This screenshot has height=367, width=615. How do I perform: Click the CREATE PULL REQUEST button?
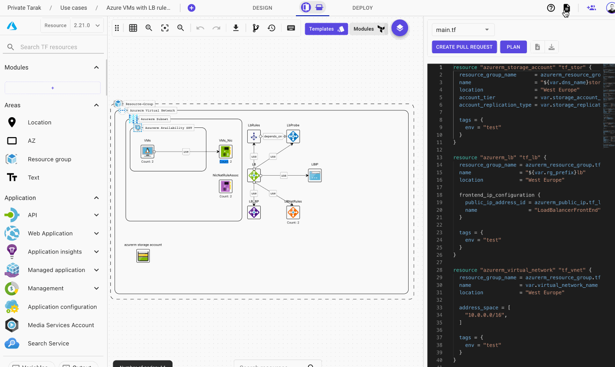pyautogui.click(x=464, y=47)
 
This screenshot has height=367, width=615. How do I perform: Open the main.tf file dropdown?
pyautogui.click(x=463, y=30)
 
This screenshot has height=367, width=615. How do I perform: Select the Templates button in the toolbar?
pyautogui.click(x=326, y=29)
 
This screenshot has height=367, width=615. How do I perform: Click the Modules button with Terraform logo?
pyautogui.click(x=369, y=29)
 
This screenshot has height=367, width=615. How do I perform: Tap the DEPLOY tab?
pyautogui.click(x=362, y=8)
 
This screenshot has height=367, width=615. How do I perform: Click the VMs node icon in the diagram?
pyautogui.click(x=147, y=152)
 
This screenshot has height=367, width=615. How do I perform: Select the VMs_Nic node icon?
pyautogui.click(x=226, y=152)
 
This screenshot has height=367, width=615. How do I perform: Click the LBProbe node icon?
pyautogui.click(x=293, y=136)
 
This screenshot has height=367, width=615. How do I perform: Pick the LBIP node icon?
pyautogui.click(x=314, y=176)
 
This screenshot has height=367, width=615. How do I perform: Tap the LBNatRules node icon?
pyautogui.click(x=293, y=213)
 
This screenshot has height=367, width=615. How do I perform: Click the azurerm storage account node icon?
pyautogui.click(x=143, y=256)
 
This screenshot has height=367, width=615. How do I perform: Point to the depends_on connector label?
pyautogui.click(x=273, y=137)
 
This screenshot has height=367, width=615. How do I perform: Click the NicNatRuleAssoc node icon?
pyautogui.click(x=226, y=186)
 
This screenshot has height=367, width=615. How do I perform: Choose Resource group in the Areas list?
pyautogui.click(x=49, y=159)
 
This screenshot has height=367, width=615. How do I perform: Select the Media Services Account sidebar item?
pyautogui.click(x=60, y=325)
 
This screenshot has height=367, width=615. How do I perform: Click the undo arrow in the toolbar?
pyautogui.click(x=200, y=28)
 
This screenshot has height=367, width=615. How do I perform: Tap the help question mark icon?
pyautogui.click(x=551, y=8)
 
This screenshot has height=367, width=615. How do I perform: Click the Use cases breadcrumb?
pyautogui.click(x=73, y=8)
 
